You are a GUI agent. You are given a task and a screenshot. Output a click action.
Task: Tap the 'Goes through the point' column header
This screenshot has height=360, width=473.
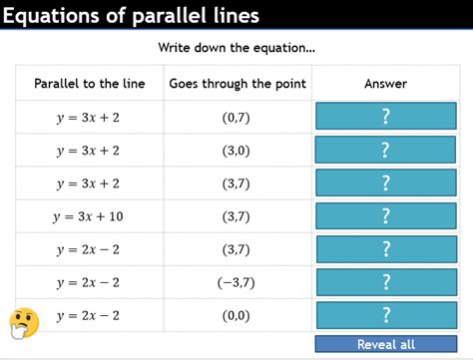coord(237,84)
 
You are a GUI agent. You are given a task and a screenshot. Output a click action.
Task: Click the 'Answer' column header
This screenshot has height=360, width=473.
coord(385,84)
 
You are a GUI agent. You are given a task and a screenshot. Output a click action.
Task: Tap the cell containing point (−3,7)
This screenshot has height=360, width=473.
coord(237,282)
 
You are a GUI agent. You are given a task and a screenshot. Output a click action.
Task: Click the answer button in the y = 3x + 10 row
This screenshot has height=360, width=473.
coord(385,216)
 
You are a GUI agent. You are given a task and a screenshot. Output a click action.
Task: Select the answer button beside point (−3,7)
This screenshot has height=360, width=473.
coord(385,282)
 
